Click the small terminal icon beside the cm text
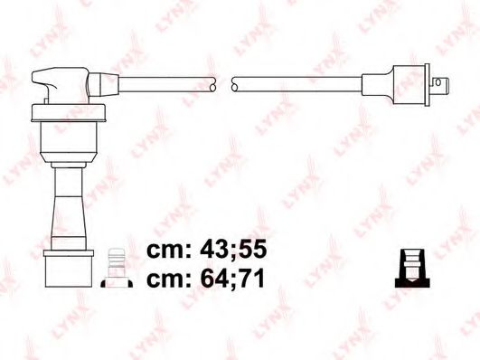tap(114, 269)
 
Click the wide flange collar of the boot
tap(69, 112)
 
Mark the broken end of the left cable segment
tap(213, 83)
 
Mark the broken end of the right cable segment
tap(236, 83)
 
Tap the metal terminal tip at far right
tap(441, 88)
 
